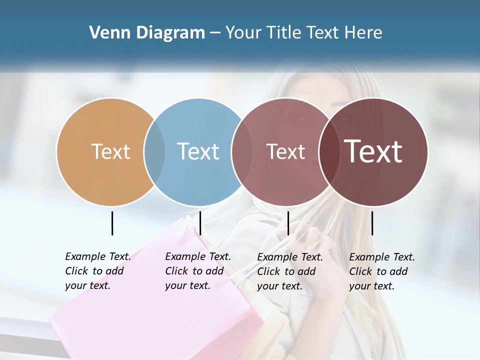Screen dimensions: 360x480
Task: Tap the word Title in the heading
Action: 284,33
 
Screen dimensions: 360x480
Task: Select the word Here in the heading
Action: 363,33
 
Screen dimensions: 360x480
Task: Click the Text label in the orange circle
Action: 110,151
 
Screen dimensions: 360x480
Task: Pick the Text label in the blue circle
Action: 198,151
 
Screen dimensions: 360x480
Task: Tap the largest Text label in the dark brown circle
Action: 373,151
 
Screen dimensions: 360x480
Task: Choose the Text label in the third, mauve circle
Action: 285,151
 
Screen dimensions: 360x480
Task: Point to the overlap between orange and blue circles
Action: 154,152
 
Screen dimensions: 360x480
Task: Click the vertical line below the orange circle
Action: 112,223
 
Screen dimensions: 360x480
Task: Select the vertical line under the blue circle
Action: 200,223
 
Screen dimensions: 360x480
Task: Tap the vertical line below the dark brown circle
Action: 372,223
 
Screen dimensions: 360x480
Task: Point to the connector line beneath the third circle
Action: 288,223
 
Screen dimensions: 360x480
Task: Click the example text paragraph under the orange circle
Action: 97,271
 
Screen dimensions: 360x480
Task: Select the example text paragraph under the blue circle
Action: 197,271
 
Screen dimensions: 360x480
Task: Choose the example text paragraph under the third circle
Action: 289,271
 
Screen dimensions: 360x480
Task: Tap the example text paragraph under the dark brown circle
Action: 381,271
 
